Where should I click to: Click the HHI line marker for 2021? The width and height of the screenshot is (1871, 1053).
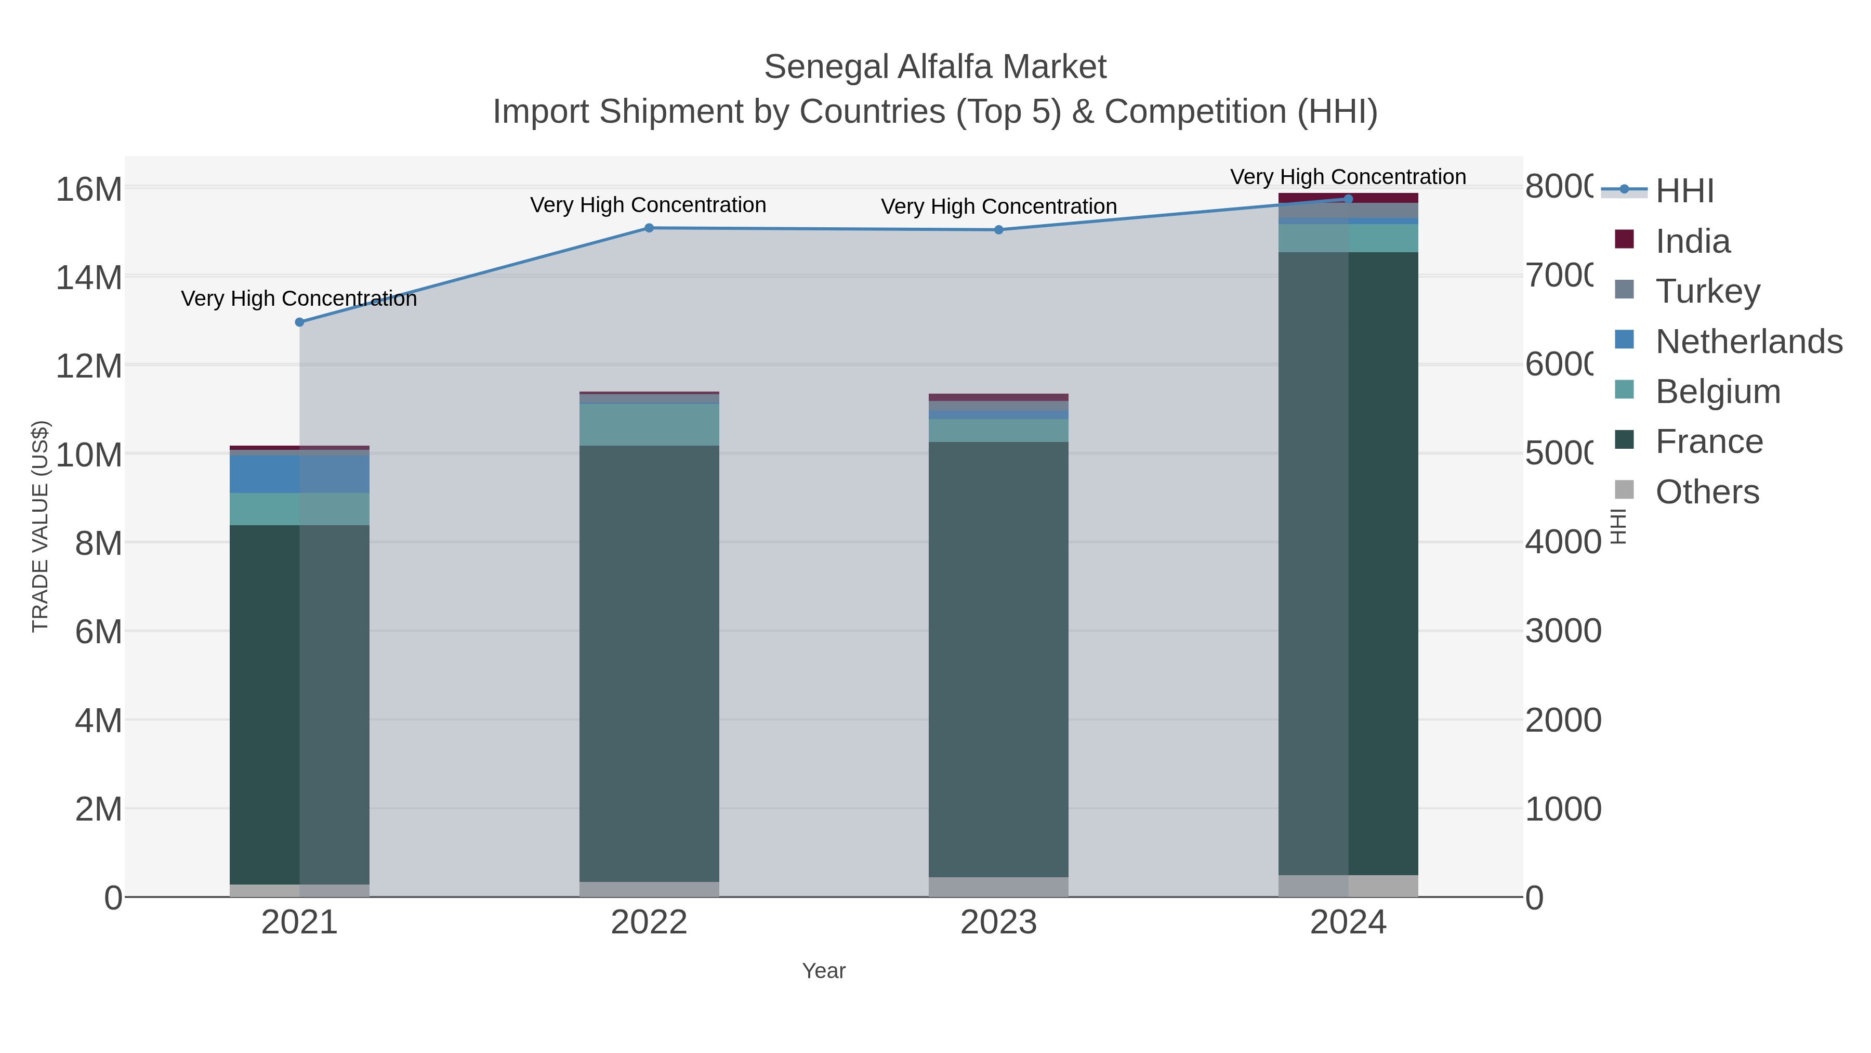pos(299,322)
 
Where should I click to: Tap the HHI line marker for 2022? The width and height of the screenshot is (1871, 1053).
pos(649,228)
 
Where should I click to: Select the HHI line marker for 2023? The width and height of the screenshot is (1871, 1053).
pos(999,230)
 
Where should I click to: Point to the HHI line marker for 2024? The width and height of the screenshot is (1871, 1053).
pos(1348,199)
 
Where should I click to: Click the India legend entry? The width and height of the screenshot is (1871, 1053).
pos(1692,241)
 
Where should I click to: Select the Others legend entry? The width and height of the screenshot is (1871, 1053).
pos(1706,492)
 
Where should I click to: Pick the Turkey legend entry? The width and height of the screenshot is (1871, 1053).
pos(1707,291)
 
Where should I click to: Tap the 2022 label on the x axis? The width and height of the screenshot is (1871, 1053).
pos(649,922)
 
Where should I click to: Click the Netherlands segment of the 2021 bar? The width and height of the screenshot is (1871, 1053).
pos(299,474)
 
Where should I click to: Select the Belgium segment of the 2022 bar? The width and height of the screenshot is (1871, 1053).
pos(649,424)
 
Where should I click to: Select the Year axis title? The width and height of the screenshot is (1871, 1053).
pos(824,971)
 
